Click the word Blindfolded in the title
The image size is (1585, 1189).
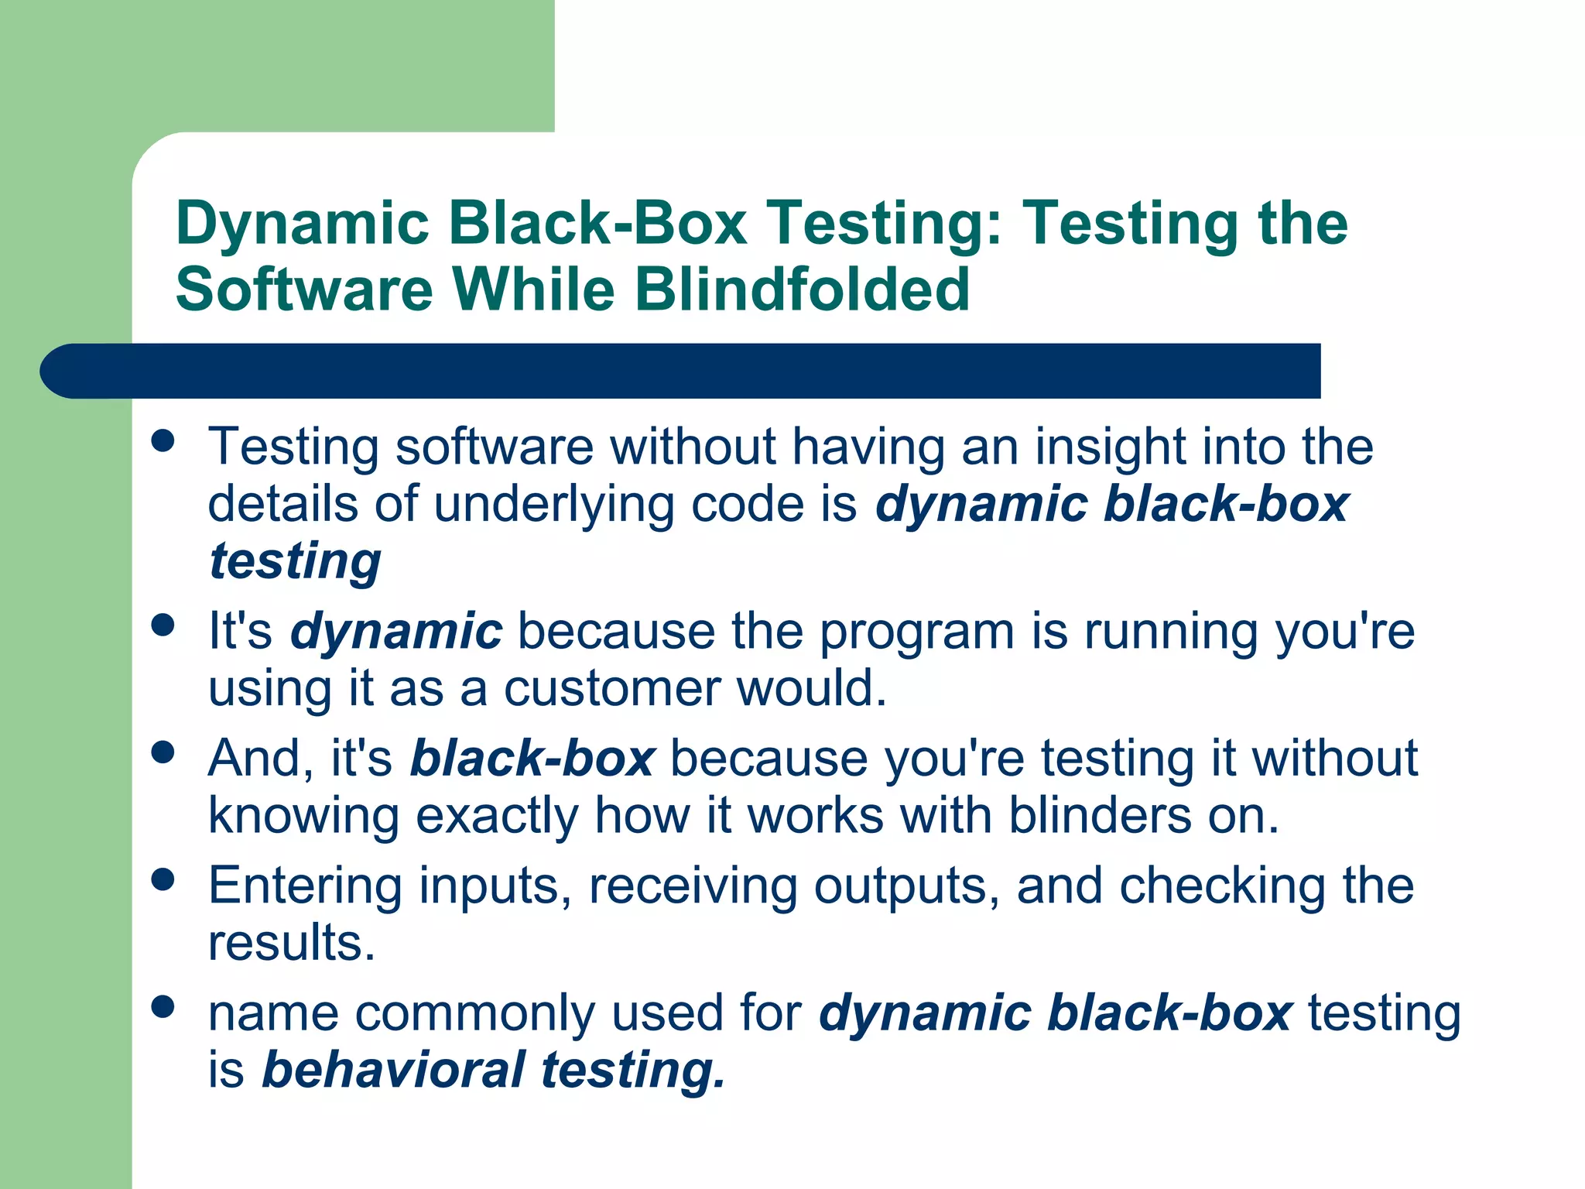pyautogui.click(x=802, y=290)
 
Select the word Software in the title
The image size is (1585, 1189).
pyautogui.click(x=304, y=290)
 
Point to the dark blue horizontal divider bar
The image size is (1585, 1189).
pyautogui.click(x=681, y=371)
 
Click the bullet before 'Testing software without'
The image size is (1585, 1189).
pyautogui.click(x=163, y=440)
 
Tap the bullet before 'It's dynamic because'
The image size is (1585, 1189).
pyautogui.click(x=163, y=625)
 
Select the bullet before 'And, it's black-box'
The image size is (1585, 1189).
pyautogui.click(x=163, y=752)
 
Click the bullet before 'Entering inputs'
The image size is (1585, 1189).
pyautogui.click(x=163, y=879)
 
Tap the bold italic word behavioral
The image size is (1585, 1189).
pyautogui.click(x=394, y=1071)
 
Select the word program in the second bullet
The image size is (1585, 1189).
pyautogui.click(x=917, y=632)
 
